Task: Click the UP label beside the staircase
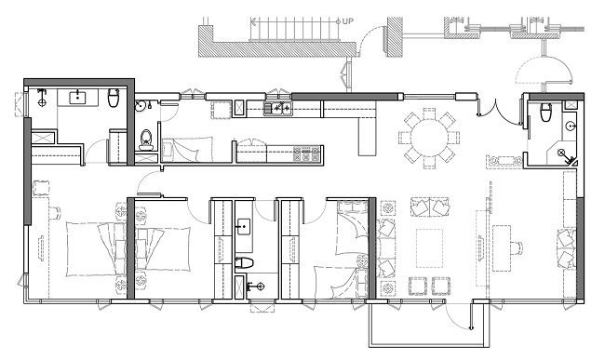click(x=347, y=21)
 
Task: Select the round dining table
click(x=429, y=137)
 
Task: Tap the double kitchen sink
click(x=278, y=108)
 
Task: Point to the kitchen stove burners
click(x=307, y=153)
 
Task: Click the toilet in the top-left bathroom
click(x=114, y=98)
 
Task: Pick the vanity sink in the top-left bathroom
click(x=78, y=97)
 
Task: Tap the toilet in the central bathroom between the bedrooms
click(x=244, y=263)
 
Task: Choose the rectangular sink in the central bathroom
click(x=244, y=227)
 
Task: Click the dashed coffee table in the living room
click(x=429, y=248)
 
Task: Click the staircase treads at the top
click(x=295, y=29)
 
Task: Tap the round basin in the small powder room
click(x=140, y=106)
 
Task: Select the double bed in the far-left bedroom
click(x=96, y=248)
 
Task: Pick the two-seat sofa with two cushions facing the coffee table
click(x=430, y=207)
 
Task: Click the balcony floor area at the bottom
click(x=427, y=323)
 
